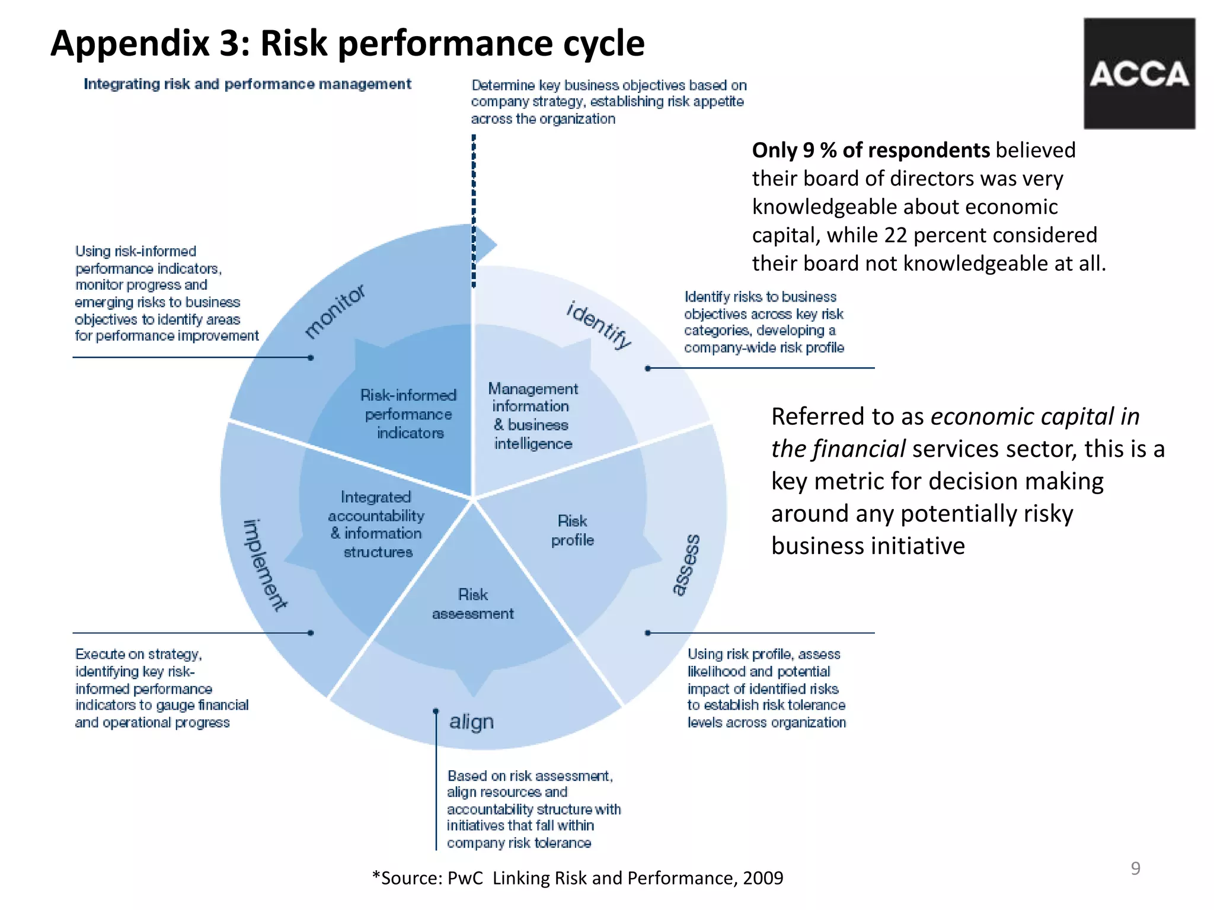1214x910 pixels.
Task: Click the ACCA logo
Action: (1139, 73)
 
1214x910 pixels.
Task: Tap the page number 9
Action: (1135, 868)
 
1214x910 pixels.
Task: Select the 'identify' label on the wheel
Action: (599, 325)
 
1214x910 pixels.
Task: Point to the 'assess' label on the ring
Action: (686, 564)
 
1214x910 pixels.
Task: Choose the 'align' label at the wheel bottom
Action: (471, 722)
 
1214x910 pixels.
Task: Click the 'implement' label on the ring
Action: (264, 565)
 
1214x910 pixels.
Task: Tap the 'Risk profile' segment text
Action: (572, 530)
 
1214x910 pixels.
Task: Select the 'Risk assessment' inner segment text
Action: (473, 604)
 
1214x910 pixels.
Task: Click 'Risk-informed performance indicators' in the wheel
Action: (409, 414)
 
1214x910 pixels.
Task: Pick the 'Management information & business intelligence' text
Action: (532, 416)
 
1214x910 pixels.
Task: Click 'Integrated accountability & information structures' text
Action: (376, 524)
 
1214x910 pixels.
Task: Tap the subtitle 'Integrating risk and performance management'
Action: (247, 84)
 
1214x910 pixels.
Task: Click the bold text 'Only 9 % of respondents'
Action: (870, 150)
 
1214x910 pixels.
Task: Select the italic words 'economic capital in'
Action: (1035, 416)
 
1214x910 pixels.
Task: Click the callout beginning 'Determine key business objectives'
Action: (608, 102)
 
